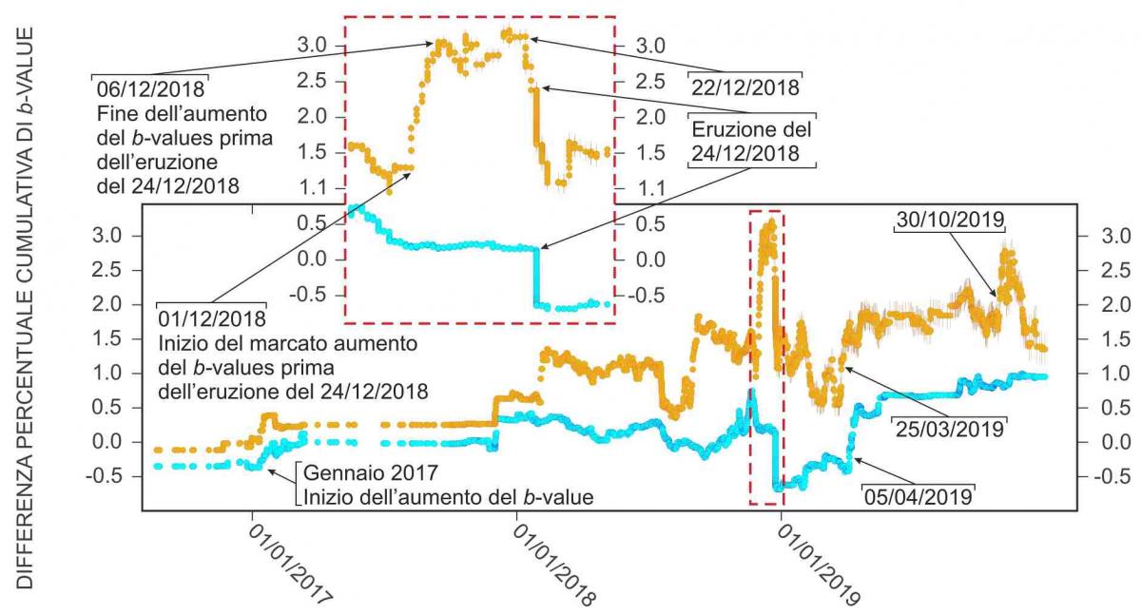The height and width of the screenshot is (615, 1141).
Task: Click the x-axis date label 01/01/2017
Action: click(x=291, y=567)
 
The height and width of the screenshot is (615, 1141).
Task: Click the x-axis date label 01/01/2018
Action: click(x=554, y=567)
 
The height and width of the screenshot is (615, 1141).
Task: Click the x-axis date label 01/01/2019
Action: click(x=819, y=567)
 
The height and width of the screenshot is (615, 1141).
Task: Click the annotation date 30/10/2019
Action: click(x=950, y=221)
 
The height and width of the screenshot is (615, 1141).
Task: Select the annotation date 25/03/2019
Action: click(x=949, y=429)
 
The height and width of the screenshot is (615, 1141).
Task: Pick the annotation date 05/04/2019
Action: click(x=918, y=496)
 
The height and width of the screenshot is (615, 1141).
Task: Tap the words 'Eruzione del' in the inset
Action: click(x=752, y=129)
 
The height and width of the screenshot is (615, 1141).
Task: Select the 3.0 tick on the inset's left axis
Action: click(x=316, y=46)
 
